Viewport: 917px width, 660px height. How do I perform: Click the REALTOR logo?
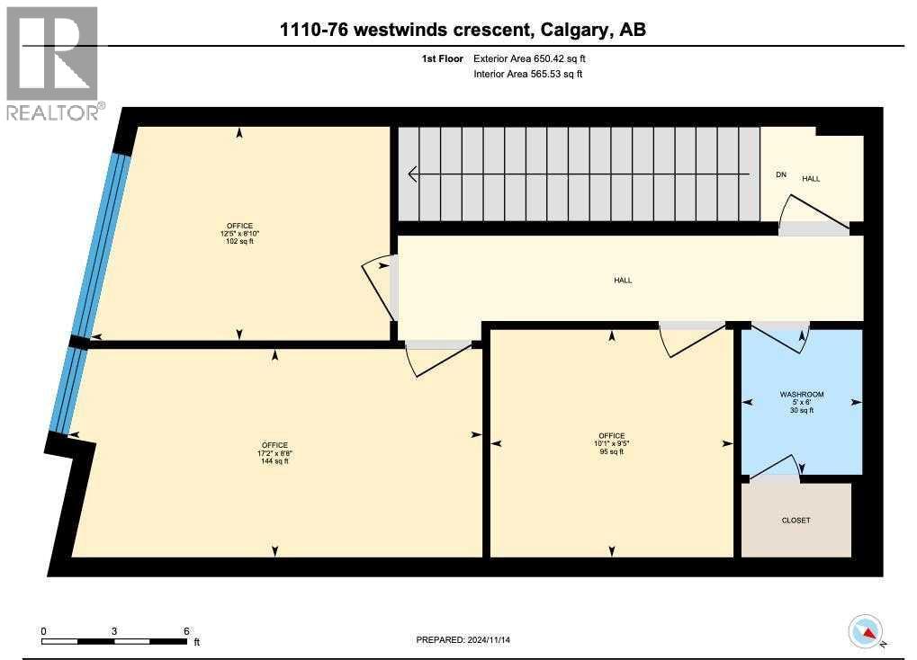point(53,63)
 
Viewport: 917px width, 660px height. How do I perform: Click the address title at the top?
point(463,31)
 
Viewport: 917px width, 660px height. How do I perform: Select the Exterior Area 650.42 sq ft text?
point(535,58)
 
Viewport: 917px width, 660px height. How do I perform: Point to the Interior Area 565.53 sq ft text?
point(527,74)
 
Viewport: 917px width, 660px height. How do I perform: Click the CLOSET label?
point(796,520)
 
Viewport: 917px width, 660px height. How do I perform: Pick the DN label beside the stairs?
point(781,174)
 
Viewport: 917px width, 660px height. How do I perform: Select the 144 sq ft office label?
point(274,453)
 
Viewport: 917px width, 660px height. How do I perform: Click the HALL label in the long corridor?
point(623,281)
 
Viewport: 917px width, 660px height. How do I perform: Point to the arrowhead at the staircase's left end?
point(413,174)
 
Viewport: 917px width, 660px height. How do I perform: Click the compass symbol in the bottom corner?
point(867,631)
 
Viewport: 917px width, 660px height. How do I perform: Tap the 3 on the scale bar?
point(113,630)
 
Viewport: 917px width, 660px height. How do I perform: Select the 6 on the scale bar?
point(185,630)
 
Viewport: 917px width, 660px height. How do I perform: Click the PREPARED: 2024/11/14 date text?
point(469,640)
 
